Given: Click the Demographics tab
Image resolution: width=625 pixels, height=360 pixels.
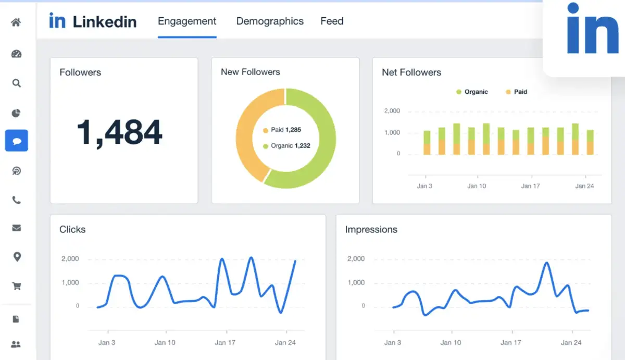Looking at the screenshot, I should pos(269,21).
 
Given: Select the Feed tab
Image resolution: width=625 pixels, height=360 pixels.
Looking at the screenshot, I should pos(332,21).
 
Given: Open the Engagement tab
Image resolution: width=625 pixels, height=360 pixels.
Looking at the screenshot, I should pos(187,21).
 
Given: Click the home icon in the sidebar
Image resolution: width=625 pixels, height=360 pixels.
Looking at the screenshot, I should pos(16,22).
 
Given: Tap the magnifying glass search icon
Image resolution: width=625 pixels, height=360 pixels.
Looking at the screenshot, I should pos(16,83).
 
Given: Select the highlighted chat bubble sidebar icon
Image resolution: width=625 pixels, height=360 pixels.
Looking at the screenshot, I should pos(16,141).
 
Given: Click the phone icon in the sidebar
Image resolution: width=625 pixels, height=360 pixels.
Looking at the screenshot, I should pos(16,200).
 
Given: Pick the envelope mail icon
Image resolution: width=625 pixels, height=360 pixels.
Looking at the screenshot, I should pos(16,228).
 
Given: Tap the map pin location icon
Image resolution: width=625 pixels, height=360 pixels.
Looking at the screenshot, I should pos(16,256).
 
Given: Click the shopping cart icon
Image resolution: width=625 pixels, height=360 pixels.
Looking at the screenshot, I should pos(16,286).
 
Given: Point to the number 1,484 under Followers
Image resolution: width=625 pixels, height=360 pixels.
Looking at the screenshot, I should pos(119,132).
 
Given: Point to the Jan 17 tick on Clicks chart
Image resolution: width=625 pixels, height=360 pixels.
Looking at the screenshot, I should pos(224,342).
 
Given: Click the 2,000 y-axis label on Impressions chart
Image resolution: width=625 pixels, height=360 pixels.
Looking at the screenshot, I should pos(356,259).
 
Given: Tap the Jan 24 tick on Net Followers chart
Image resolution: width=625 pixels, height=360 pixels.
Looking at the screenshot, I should pos(584,186).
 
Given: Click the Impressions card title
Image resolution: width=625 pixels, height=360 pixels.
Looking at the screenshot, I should pos(371,230).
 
